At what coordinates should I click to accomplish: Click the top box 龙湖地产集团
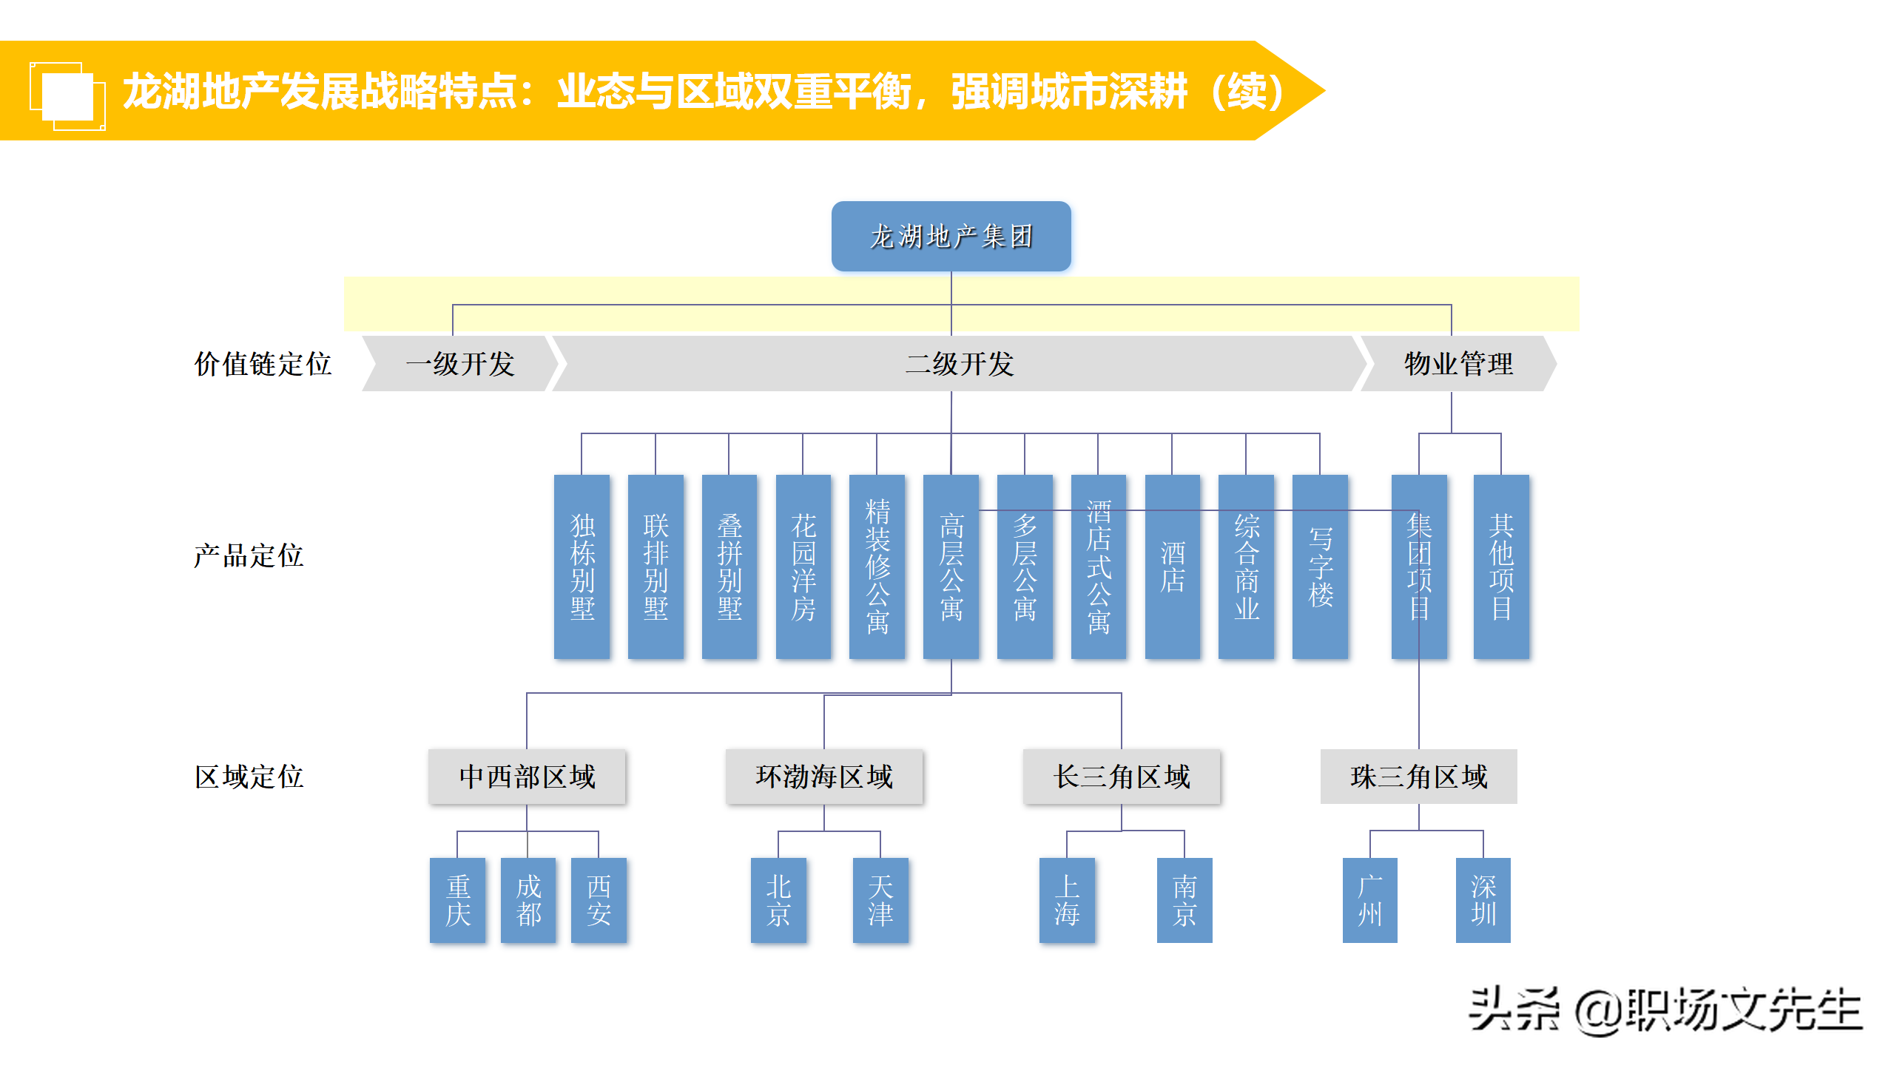(951, 237)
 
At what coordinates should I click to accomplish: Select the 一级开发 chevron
(459, 364)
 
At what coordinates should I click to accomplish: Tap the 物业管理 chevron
(1458, 364)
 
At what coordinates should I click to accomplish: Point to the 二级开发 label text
(960, 364)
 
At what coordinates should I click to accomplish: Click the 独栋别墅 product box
(582, 567)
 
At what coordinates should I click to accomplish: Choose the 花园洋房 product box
(803, 567)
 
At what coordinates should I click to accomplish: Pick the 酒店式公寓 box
(1099, 567)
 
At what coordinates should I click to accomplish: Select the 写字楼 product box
(1321, 567)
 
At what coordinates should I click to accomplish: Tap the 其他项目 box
(1501, 567)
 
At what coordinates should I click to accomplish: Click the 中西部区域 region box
(527, 777)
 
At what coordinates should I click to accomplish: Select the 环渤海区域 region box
(824, 777)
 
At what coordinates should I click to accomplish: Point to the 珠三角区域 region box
(1418, 777)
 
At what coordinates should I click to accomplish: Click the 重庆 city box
(458, 900)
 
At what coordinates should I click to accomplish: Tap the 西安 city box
(599, 900)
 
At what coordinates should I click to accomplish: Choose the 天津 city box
(880, 900)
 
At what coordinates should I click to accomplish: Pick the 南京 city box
(1184, 900)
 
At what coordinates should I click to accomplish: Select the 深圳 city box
(1483, 900)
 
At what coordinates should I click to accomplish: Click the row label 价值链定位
(263, 364)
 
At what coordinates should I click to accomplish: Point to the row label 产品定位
(249, 555)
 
